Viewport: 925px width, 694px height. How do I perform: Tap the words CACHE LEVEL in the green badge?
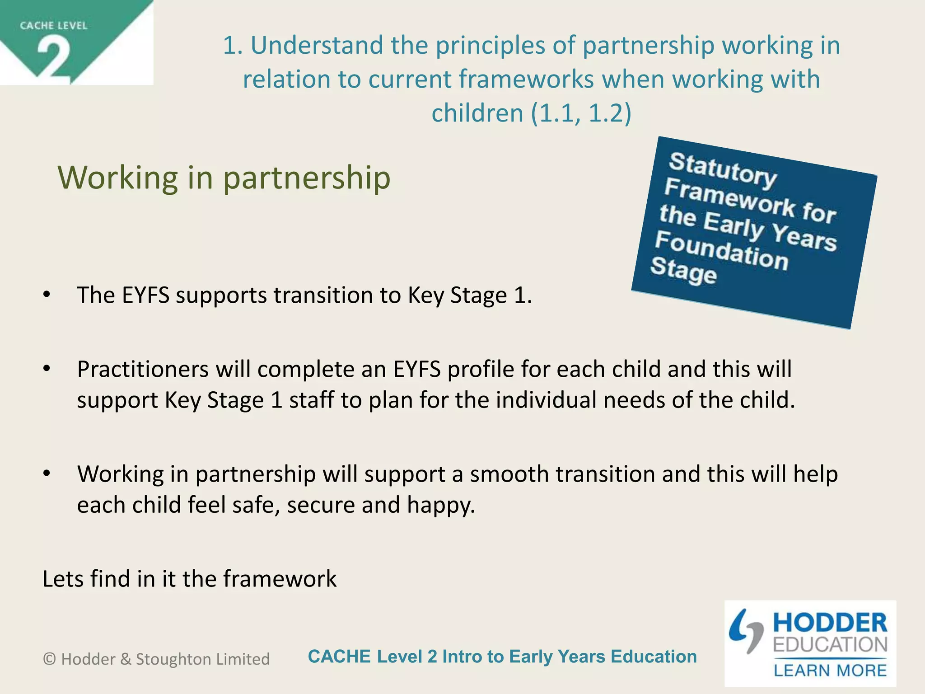click(x=53, y=26)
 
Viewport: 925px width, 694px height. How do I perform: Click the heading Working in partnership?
click(x=224, y=178)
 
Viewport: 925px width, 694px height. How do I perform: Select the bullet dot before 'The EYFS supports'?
click(x=47, y=295)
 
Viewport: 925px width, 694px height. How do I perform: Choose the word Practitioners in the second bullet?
click(x=143, y=370)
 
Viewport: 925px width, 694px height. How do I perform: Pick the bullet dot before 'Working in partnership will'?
click(x=47, y=474)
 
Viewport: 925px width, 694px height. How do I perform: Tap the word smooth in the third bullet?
click(x=509, y=474)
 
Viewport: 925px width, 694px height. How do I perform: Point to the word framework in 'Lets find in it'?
click(x=280, y=579)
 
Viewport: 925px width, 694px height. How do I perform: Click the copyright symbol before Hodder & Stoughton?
click(x=49, y=659)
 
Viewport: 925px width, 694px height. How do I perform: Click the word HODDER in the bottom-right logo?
click(x=830, y=623)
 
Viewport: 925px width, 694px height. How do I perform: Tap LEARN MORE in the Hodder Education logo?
click(x=830, y=671)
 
